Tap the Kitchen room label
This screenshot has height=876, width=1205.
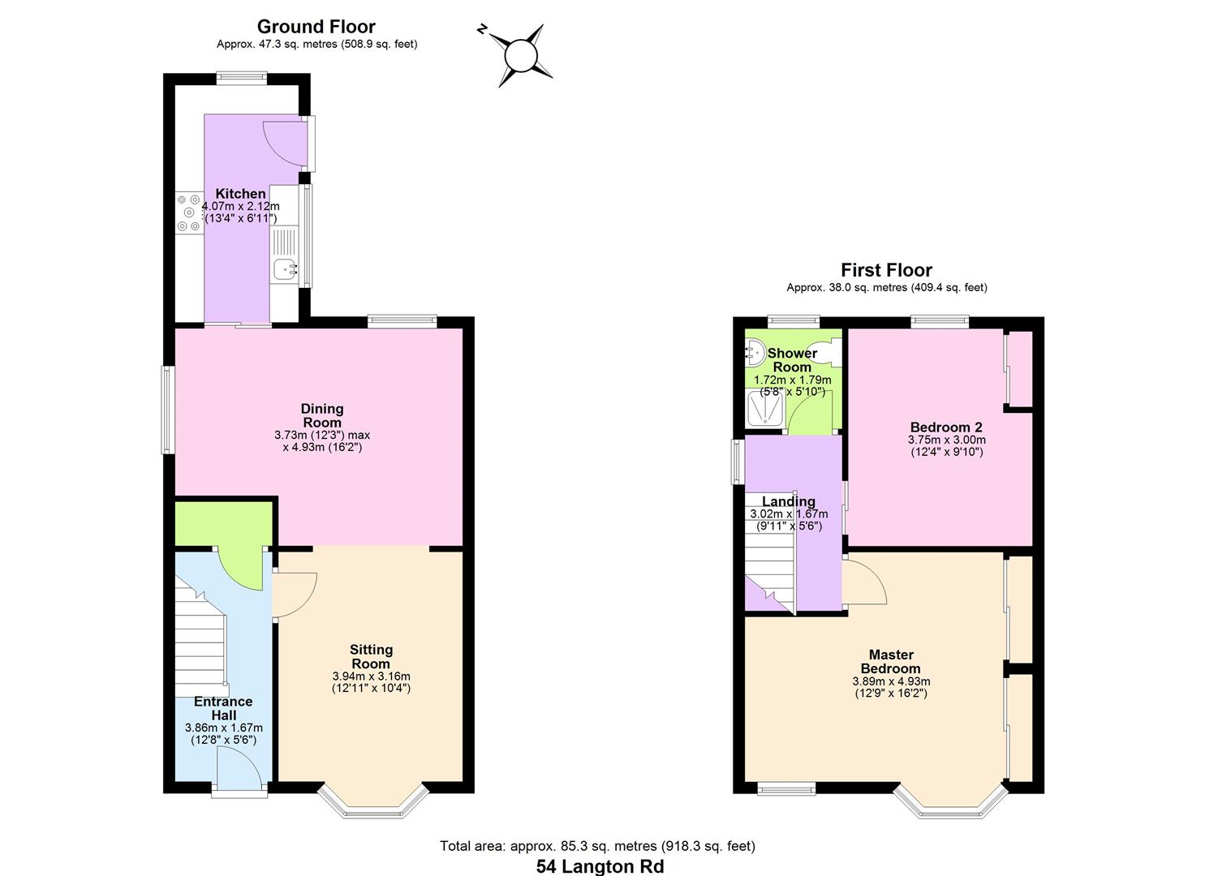point(240,194)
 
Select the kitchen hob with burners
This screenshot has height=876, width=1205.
point(188,213)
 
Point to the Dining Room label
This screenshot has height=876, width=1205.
point(322,415)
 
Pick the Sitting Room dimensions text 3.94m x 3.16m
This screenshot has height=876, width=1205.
point(371,676)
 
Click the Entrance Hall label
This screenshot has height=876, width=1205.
point(223,708)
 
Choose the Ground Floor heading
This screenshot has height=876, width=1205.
point(316,27)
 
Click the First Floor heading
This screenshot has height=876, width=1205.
point(886,270)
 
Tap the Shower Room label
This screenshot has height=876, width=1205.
point(792,360)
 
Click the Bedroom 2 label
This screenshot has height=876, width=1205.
point(946,427)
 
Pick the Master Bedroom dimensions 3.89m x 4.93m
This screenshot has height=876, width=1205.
point(891,681)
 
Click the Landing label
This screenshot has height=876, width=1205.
point(788,501)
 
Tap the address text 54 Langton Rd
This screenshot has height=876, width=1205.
point(600,866)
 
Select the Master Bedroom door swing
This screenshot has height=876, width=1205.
point(862,582)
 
